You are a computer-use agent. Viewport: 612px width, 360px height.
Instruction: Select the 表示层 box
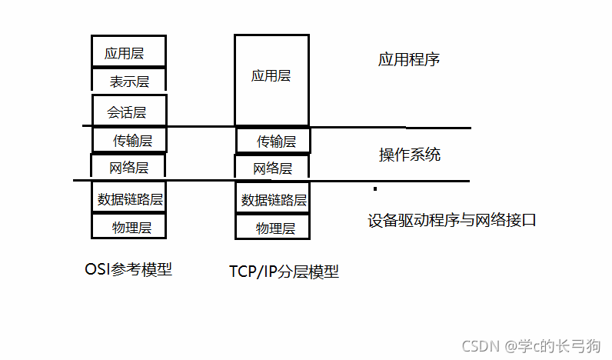tap(128, 80)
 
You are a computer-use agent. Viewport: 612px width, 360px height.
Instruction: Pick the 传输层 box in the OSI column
tap(131, 140)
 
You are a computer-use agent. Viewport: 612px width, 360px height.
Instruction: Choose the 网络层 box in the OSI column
tap(128, 166)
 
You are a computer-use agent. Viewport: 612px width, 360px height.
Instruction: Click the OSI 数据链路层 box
tap(129, 198)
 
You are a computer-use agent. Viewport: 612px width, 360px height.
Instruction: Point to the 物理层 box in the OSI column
tap(130, 227)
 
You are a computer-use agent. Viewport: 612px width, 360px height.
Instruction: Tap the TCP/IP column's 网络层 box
tap(272, 168)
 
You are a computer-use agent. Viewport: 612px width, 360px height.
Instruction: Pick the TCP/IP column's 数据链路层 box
tap(273, 199)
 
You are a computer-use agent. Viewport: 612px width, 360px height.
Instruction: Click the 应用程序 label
tap(409, 59)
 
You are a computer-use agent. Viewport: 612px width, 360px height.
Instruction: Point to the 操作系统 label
tap(410, 154)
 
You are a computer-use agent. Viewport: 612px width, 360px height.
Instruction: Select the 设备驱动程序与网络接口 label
tap(451, 220)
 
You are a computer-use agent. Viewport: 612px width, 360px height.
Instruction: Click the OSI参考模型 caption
tap(128, 269)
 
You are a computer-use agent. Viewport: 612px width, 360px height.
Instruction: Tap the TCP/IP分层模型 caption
tap(284, 272)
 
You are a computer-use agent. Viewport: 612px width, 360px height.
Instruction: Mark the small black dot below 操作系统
tap(374, 188)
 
